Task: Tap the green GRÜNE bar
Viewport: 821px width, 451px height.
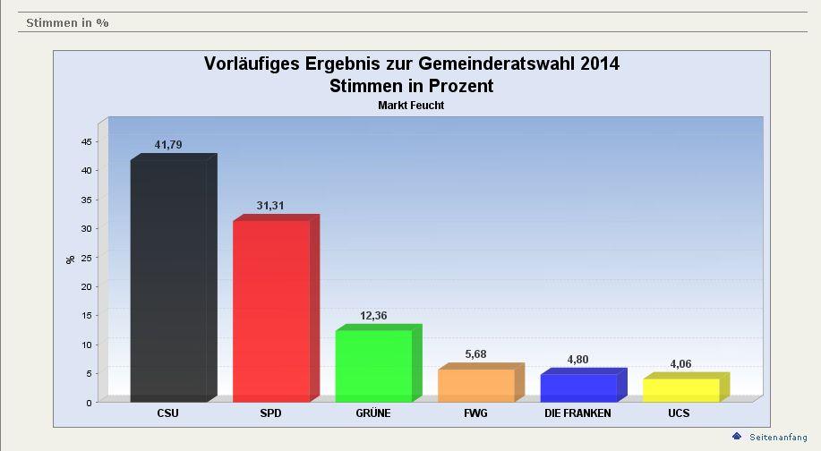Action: click(373, 365)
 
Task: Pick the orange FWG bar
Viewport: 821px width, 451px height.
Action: click(475, 385)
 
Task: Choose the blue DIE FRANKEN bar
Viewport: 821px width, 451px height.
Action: click(578, 387)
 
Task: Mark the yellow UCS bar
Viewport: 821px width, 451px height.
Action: click(680, 389)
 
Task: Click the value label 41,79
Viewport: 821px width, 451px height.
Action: click(168, 144)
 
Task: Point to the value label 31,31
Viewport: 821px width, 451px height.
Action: click(270, 205)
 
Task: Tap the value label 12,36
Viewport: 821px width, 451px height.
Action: click(373, 315)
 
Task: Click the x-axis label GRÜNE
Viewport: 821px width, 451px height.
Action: click(372, 413)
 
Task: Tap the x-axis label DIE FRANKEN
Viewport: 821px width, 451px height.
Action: click(577, 413)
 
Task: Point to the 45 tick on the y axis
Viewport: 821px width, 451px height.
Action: click(86, 141)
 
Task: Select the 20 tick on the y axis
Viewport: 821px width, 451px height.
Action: click(86, 286)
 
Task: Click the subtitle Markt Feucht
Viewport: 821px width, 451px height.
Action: click(411, 106)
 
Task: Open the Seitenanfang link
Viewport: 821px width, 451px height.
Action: click(778, 437)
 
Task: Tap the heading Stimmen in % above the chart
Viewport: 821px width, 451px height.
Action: click(67, 22)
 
